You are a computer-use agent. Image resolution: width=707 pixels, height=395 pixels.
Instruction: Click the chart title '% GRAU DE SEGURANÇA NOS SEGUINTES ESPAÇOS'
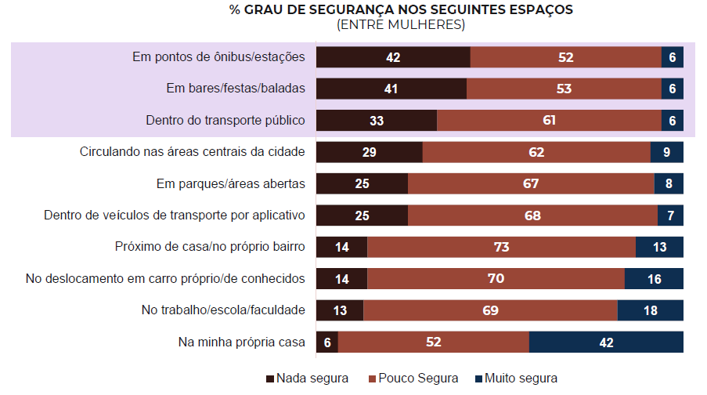pyautogui.click(x=401, y=10)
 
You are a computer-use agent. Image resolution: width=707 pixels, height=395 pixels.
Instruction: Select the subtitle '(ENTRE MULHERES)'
pyautogui.click(x=401, y=24)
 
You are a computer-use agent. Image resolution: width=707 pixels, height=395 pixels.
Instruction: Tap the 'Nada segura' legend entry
pyautogui.click(x=308, y=379)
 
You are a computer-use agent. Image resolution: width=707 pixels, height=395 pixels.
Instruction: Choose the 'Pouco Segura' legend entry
pyautogui.click(x=413, y=379)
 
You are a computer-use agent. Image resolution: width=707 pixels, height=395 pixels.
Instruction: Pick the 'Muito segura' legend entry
pyautogui.click(x=516, y=379)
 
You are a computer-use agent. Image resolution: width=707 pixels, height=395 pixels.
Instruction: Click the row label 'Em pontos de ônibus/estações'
pyautogui.click(x=218, y=57)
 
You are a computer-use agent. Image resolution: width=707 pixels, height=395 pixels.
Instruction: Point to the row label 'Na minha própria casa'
pyautogui.click(x=242, y=342)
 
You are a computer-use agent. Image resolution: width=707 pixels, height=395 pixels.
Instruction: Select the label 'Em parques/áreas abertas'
pyautogui.click(x=231, y=183)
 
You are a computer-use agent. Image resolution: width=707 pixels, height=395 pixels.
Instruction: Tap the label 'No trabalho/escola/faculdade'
pyautogui.click(x=223, y=310)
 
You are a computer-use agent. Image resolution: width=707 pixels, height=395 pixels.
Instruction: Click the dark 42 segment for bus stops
pyautogui.click(x=393, y=57)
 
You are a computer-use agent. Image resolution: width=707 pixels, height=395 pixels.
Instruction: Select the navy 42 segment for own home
pyautogui.click(x=607, y=342)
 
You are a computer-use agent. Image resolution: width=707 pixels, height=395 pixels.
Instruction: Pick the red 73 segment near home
pyautogui.click(x=501, y=247)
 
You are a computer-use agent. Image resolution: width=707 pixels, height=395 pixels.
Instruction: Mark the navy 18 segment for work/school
pyautogui.click(x=651, y=310)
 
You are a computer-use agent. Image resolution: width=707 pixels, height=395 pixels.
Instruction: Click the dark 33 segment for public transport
pyautogui.click(x=377, y=121)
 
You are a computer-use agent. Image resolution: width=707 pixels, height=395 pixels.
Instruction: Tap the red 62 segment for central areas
pyautogui.click(x=536, y=152)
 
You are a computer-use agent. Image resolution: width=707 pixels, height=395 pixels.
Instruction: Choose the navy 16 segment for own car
pyautogui.click(x=655, y=279)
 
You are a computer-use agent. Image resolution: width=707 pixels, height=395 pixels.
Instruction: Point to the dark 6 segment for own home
pyautogui.click(x=327, y=342)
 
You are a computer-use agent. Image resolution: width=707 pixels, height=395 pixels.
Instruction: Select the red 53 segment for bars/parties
pyautogui.click(x=564, y=89)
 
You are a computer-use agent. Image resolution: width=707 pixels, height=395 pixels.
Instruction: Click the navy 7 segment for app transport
pyautogui.click(x=671, y=216)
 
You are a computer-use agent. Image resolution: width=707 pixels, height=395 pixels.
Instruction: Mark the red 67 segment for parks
pyautogui.click(x=531, y=183)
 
